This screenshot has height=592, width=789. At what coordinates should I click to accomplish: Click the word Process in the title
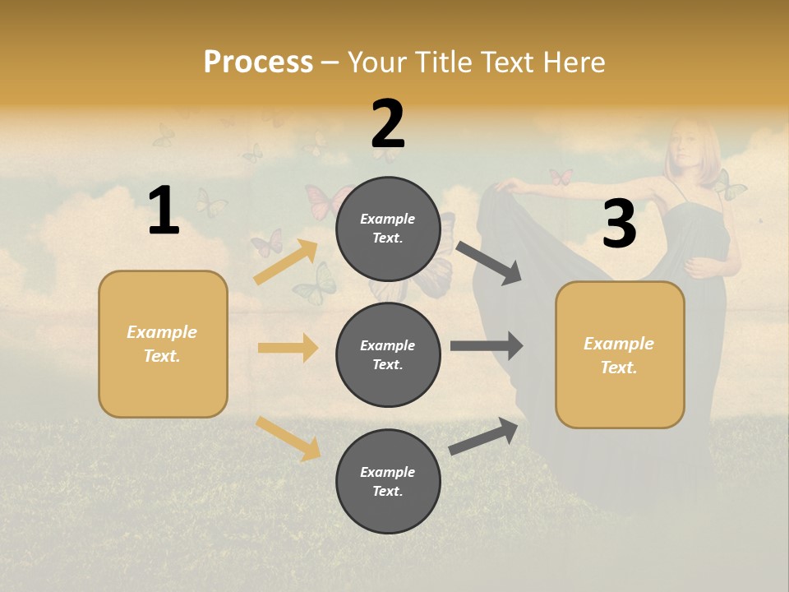point(258,62)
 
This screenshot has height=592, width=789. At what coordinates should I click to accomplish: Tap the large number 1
point(164,210)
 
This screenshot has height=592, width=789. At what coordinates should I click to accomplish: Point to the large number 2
point(388,124)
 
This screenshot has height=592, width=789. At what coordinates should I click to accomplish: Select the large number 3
point(619,224)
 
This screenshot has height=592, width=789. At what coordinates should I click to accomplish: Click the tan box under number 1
point(163,344)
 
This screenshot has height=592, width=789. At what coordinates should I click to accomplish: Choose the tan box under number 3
point(620,354)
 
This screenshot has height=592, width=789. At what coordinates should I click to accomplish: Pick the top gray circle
point(388,229)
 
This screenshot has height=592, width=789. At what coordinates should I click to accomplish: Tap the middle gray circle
point(388,354)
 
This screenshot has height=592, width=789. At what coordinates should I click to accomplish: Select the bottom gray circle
point(388,481)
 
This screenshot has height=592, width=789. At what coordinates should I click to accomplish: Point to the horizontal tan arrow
point(288,348)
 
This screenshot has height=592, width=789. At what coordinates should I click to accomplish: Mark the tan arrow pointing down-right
point(288,438)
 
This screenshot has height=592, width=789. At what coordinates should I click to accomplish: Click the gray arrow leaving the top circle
point(489,262)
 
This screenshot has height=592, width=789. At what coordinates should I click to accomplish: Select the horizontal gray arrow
point(487,345)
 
